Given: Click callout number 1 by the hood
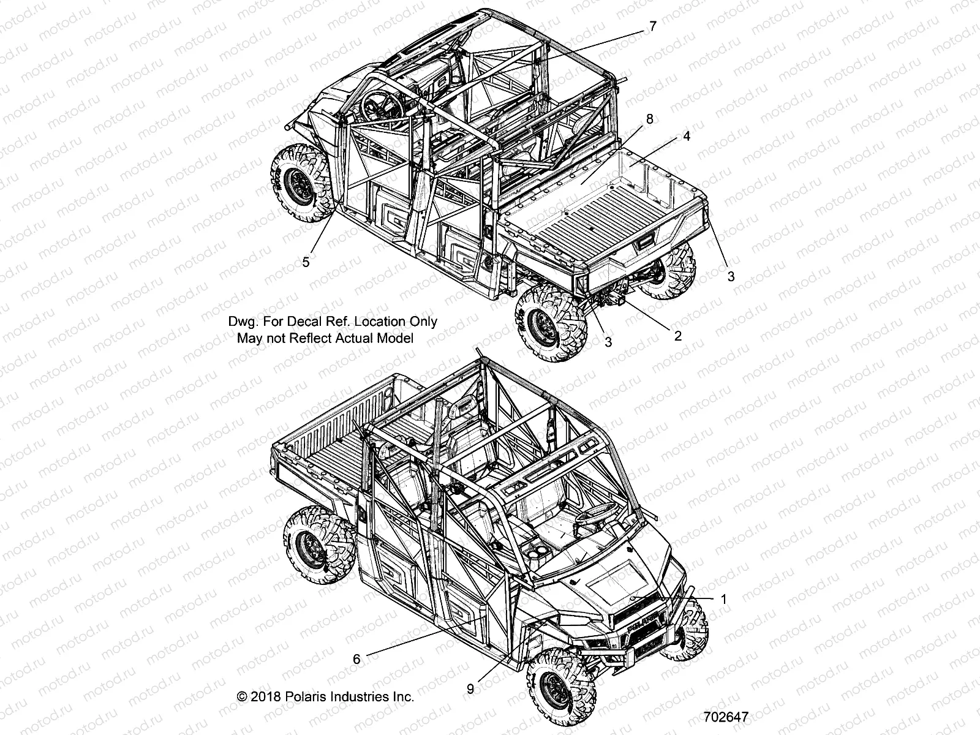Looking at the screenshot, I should (723, 599).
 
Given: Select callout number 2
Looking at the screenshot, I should (677, 336).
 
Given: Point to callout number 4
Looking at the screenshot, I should (687, 136).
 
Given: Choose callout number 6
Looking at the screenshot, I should (356, 658).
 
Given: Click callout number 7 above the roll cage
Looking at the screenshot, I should (652, 26).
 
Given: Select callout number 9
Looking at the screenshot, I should (470, 688).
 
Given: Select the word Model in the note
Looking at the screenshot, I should (396, 337).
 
